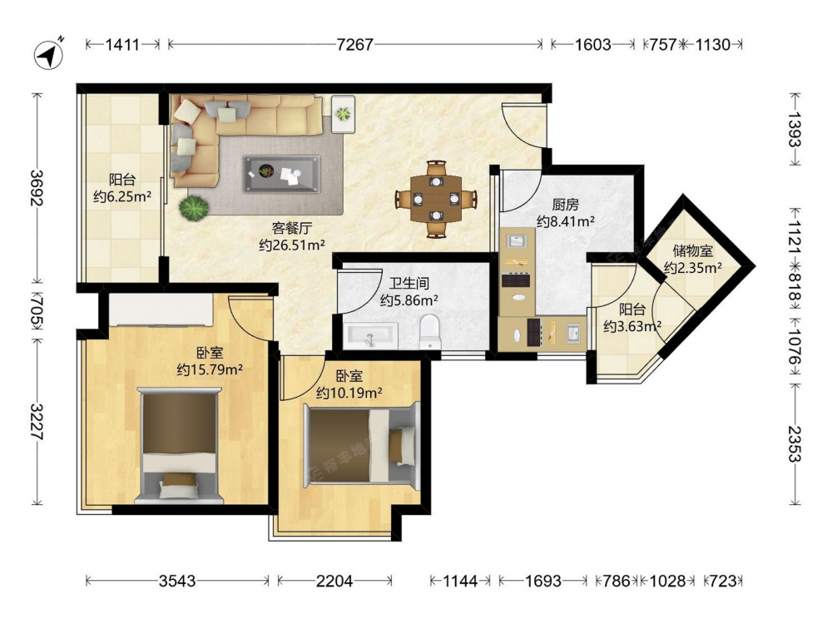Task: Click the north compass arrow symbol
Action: pyautogui.click(x=49, y=53)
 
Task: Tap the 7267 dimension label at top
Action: pyautogui.click(x=355, y=45)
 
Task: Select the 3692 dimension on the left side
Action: pyautogui.click(x=37, y=188)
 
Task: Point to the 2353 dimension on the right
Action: pyautogui.click(x=795, y=443)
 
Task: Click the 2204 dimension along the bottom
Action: pyautogui.click(x=334, y=581)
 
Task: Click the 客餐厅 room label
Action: pyautogui.click(x=292, y=228)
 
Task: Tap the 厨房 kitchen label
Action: pyautogui.click(x=565, y=205)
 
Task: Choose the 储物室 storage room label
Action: pyautogui.click(x=692, y=250)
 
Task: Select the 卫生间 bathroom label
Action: pyautogui.click(x=409, y=284)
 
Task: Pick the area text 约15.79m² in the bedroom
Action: pyautogui.click(x=210, y=369)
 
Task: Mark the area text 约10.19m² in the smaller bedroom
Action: pyautogui.click(x=349, y=394)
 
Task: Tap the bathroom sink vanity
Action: pyautogui.click(x=370, y=335)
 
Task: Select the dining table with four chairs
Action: pyautogui.click(x=436, y=199)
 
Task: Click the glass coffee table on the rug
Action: pyautogui.click(x=281, y=174)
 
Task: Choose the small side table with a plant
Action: pyautogui.click(x=344, y=114)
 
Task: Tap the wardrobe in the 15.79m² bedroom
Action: pyautogui.click(x=161, y=310)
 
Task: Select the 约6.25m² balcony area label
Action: pyautogui.click(x=122, y=197)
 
